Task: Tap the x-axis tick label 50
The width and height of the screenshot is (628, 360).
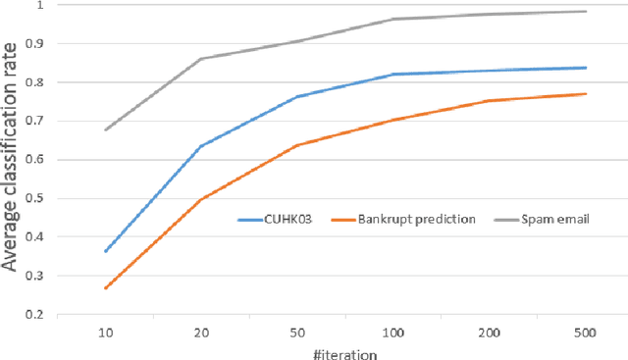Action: tap(296, 334)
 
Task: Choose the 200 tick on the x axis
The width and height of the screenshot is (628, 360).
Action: tap(489, 334)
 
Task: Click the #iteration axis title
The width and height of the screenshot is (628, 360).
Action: tap(344, 352)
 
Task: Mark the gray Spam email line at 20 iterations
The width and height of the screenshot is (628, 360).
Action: tap(200, 59)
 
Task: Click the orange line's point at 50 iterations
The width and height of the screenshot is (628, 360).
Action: tap(296, 145)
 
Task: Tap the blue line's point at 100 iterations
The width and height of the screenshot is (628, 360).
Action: tap(392, 75)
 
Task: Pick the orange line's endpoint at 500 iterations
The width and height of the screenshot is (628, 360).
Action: tap(586, 94)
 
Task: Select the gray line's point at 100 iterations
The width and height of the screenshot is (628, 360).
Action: tap(392, 19)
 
